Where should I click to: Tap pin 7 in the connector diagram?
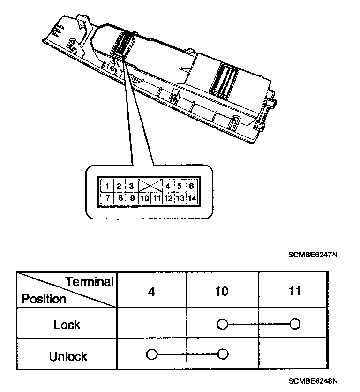(108, 198)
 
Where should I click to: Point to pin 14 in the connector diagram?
(191, 198)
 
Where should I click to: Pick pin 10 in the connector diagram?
(144, 198)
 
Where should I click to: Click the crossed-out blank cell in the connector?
(150, 186)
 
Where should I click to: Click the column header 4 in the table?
(151, 292)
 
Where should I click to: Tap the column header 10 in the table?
(222, 292)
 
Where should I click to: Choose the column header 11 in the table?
(293, 292)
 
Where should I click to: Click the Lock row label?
(67, 324)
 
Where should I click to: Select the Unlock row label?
(68, 356)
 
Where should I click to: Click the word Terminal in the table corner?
(89, 282)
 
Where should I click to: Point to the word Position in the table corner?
(44, 299)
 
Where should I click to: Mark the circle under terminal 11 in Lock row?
(294, 324)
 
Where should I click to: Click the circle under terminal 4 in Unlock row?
(151, 354)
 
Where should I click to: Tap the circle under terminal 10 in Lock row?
(222, 324)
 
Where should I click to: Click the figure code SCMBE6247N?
(313, 255)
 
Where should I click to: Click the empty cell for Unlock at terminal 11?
(294, 354)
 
